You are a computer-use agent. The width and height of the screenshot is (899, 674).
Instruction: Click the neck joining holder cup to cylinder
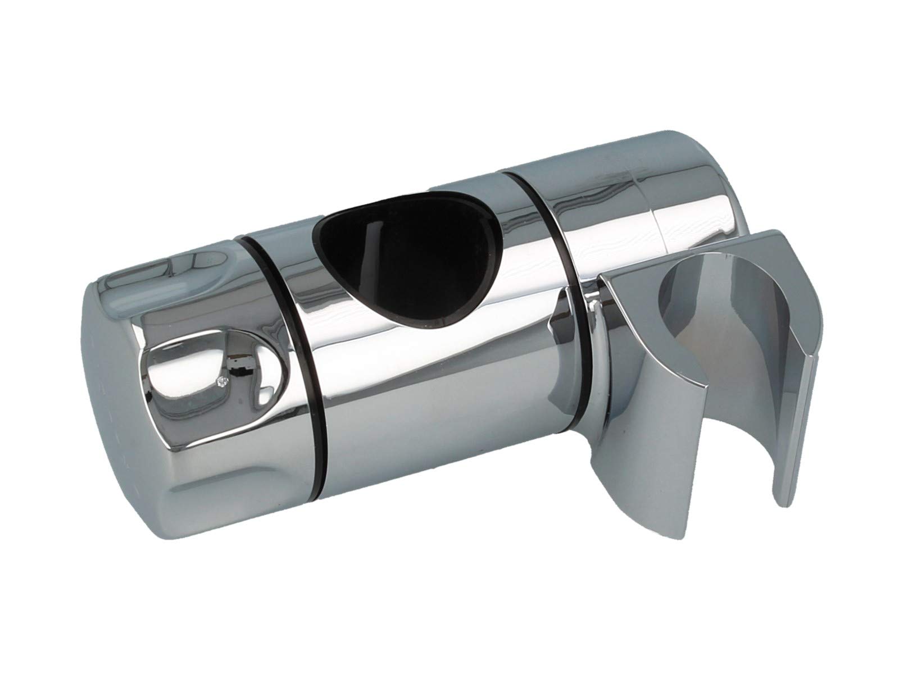(590, 348)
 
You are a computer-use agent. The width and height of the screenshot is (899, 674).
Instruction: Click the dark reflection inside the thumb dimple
(236, 371)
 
